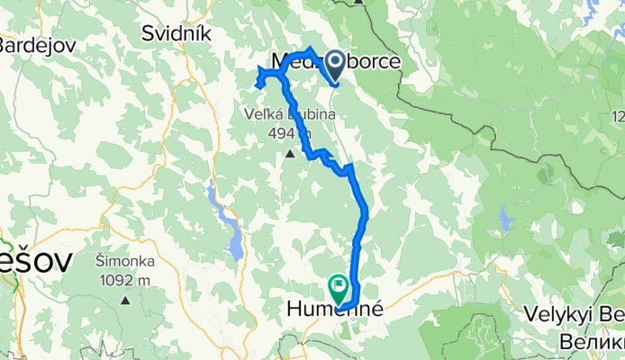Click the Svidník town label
coord(176,33)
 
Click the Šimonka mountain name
coord(125,262)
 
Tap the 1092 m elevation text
coord(126,279)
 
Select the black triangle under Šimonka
coord(127,299)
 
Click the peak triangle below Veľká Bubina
coord(290,154)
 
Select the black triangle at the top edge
coord(359,3)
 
